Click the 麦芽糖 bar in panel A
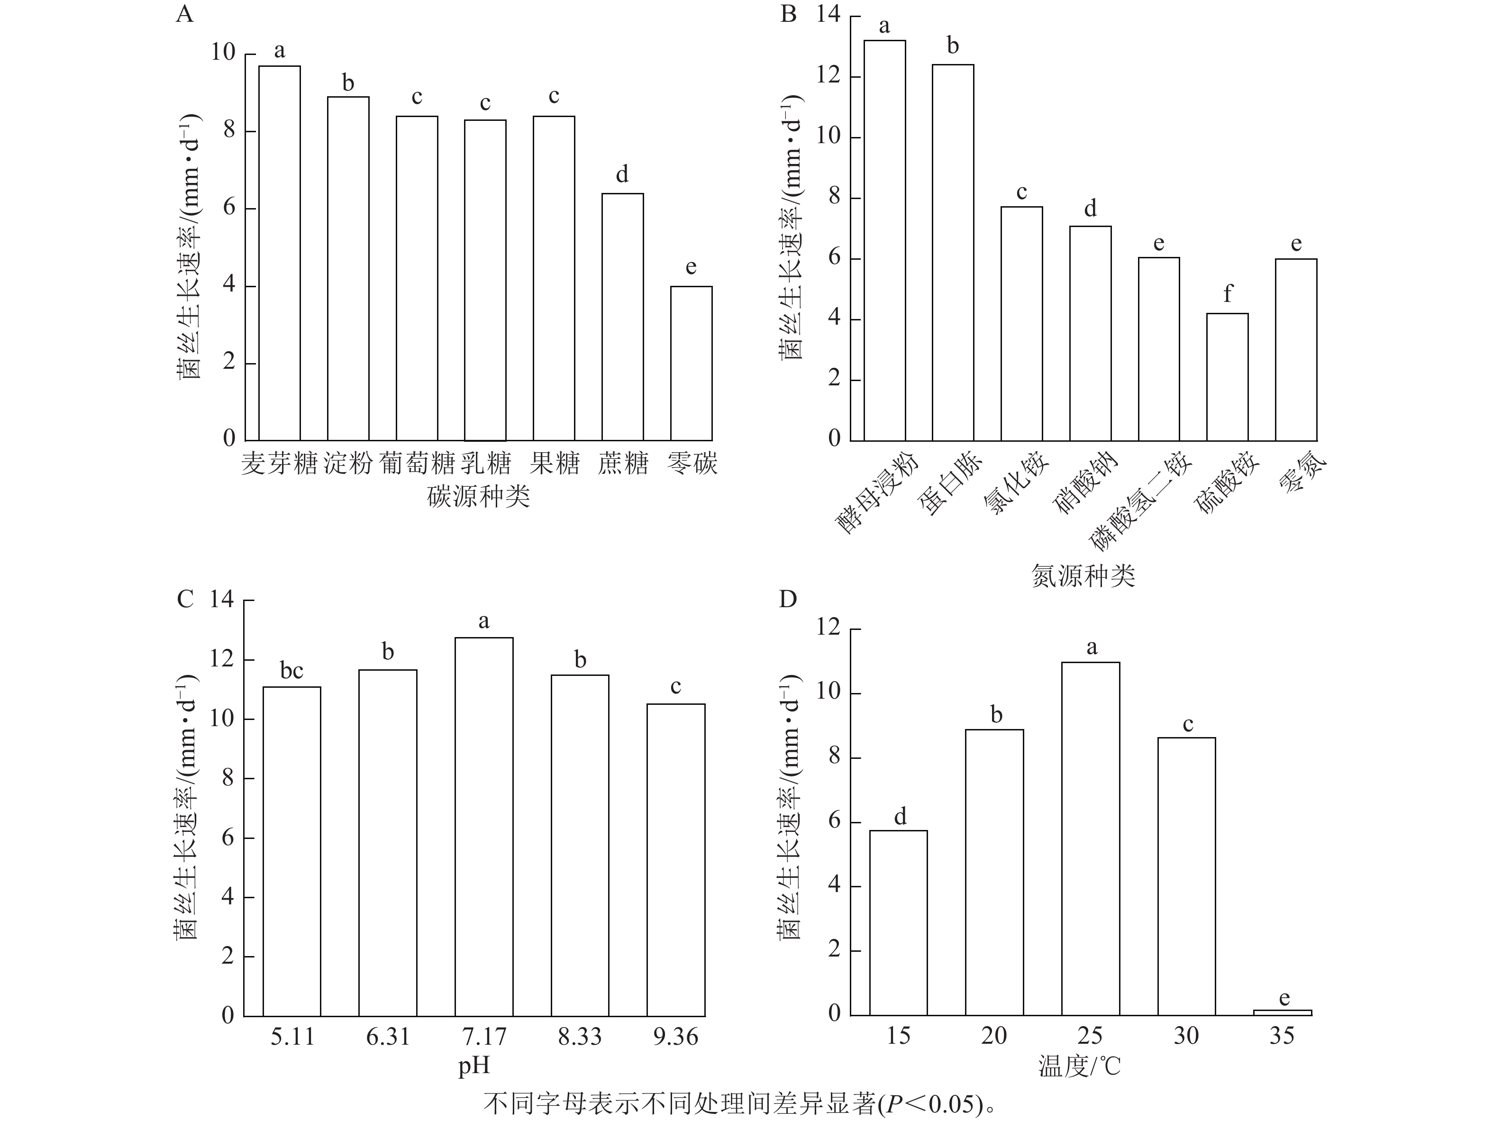[x=280, y=253]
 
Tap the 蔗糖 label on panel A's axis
[x=622, y=464]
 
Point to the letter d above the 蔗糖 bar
[x=622, y=175]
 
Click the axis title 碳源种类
[x=479, y=497]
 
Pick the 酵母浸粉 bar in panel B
[x=884, y=240]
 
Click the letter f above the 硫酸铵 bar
[x=1227, y=293]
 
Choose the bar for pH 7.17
[x=484, y=827]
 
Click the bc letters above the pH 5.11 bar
[x=291, y=671]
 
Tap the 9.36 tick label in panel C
[x=675, y=1037]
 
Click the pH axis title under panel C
[x=474, y=1066]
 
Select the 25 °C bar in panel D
[x=1090, y=839]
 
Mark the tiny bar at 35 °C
[x=1283, y=1012]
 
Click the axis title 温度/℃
[x=1079, y=1066]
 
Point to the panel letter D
[x=788, y=599]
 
